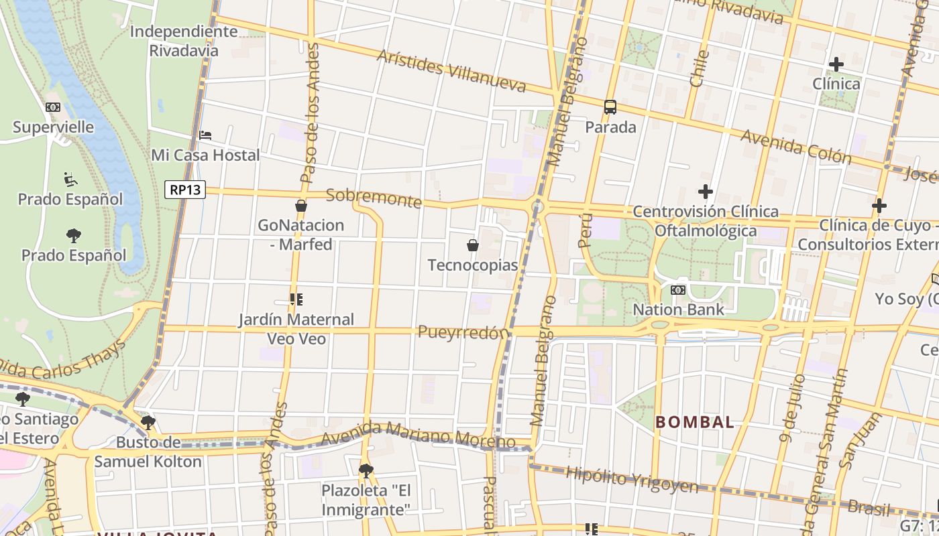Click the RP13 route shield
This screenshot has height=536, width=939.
coord(185,190)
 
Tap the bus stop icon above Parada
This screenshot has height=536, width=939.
coord(610,107)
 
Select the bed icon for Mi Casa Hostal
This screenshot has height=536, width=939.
coord(205,135)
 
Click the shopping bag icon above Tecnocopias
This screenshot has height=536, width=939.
coord(473,245)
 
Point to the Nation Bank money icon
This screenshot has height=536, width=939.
coord(678,290)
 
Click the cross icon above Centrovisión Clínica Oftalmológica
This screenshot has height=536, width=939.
coord(706,192)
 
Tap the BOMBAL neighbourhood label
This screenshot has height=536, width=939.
coord(695,422)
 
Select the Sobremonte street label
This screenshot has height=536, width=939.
coord(374,198)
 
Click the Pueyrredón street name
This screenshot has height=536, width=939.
coord(463,332)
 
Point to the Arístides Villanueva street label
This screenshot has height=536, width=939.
coord(451,70)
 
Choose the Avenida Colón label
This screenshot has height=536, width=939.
coord(796,147)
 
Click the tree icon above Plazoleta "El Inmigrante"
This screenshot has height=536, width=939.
coord(366,470)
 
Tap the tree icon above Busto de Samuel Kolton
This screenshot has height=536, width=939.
coord(148,423)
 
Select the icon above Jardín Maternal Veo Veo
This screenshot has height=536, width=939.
coord(296,299)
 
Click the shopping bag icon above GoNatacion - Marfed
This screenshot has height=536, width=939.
coord(301,206)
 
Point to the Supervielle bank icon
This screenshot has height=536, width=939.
coord(53,107)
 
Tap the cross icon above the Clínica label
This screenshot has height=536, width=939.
coord(836,64)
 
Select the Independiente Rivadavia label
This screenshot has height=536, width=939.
coord(183,41)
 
